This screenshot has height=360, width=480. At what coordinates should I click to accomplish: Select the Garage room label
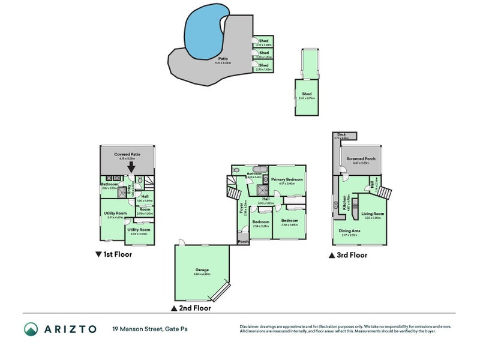click(202, 270)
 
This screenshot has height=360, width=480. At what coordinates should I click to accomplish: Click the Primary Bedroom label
click(286, 179)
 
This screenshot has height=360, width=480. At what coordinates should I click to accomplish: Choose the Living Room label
click(373, 213)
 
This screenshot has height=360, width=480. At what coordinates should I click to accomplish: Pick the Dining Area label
click(350, 231)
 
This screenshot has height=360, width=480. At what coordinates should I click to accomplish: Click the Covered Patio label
click(127, 154)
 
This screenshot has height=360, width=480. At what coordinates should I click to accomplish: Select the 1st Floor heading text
click(117, 254)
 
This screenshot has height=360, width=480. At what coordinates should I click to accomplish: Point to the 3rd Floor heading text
click(352, 255)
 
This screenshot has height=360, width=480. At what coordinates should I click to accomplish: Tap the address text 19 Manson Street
click(138, 329)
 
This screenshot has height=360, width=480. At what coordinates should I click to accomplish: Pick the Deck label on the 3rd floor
click(341, 134)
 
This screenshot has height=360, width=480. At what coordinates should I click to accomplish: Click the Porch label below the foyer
click(243, 242)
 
